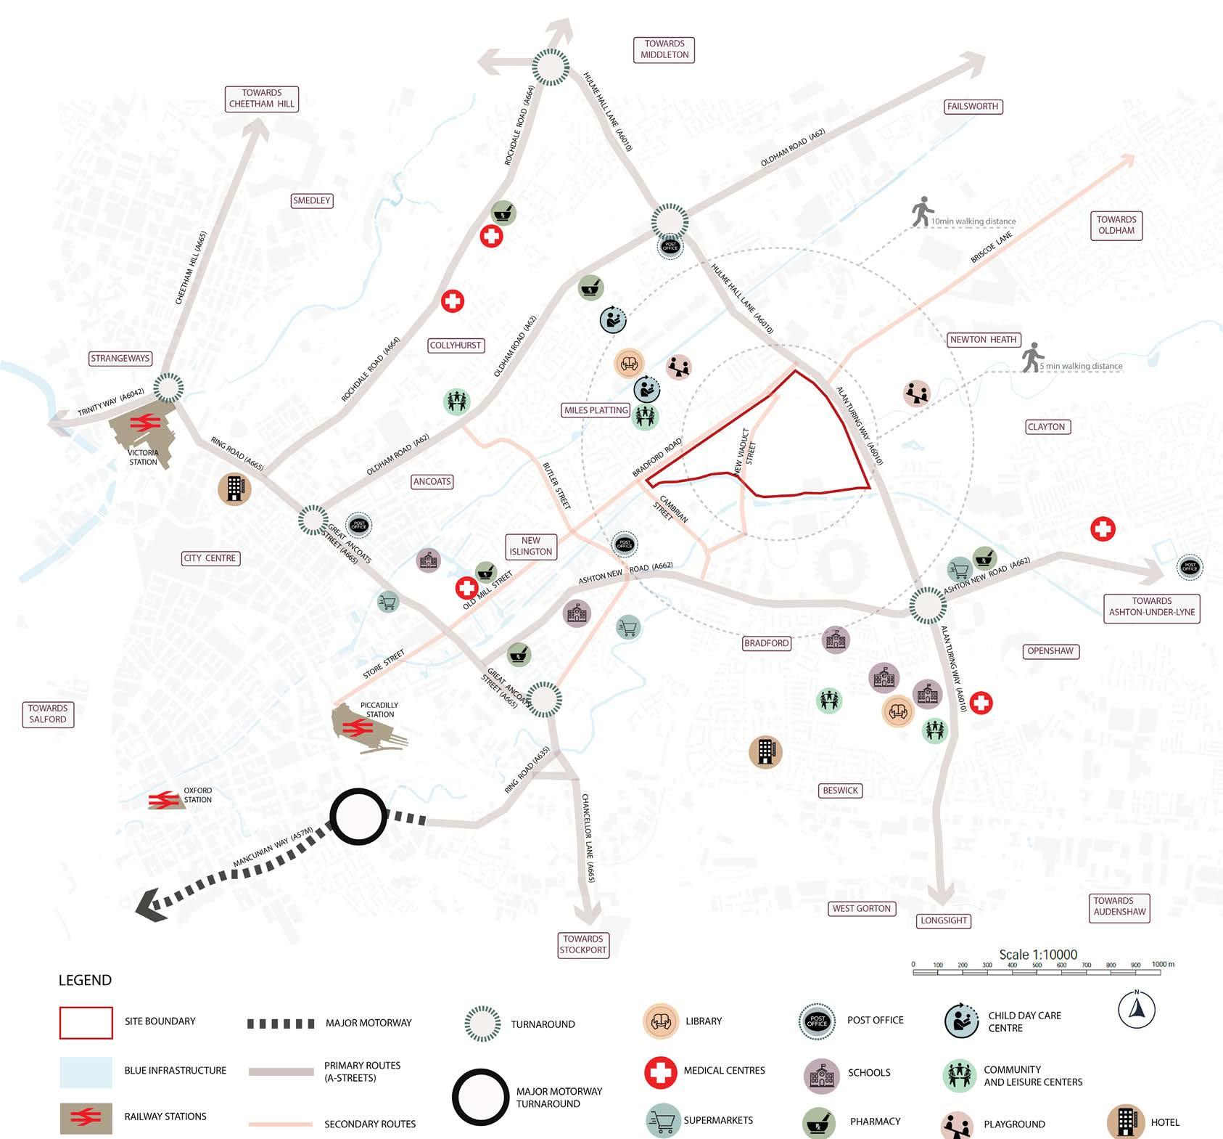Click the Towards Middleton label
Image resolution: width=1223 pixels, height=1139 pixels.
click(x=664, y=49)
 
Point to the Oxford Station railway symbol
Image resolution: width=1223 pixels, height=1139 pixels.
click(x=164, y=800)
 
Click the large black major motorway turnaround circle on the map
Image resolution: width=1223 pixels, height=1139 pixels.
click(x=358, y=817)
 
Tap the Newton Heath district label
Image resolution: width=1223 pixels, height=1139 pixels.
click(x=983, y=340)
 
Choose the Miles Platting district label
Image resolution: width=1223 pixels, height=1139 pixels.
click(x=596, y=410)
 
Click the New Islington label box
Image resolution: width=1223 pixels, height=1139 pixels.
click(x=530, y=546)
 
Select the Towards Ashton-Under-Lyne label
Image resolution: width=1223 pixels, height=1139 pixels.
click(x=1151, y=607)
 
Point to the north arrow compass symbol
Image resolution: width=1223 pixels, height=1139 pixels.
click(x=1136, y=1010)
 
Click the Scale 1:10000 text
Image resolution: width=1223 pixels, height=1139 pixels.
click(x=1038, y=955)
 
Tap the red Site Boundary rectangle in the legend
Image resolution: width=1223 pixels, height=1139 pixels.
click(x=86, y=1022)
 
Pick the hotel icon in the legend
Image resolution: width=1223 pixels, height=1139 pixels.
click(x=1125, y=1122)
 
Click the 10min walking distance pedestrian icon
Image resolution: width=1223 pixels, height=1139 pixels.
click(x=922, y=211)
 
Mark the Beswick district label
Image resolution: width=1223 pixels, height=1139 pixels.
click(x=840, y=791)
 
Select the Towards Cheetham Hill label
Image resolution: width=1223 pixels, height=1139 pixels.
click(x=262, y=99)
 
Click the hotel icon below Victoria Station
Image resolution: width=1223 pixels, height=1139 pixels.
click(x=234, y=489)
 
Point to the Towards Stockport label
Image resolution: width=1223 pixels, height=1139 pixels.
click(x=583, y=944)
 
